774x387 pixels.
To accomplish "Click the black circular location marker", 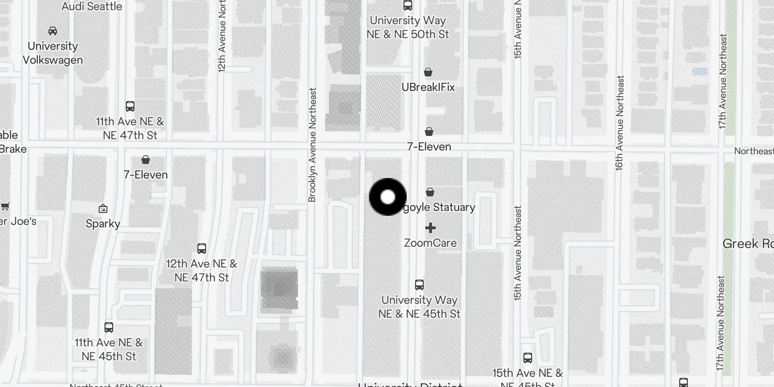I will pyautogui.click(x=387, y=197).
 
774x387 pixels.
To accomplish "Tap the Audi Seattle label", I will pyautogui.click(x=92, y=7).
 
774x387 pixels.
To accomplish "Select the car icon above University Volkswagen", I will pyautogui.click(x=53, y=31).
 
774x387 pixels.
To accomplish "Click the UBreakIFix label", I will pyautogui.click(x=428, y=87).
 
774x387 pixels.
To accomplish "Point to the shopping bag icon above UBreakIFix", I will pyautogui.click(x=428, y=73).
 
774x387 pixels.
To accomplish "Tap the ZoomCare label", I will pyautogui.click(x=430, y=243).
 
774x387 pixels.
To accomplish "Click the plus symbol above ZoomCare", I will pyautogui.click(x=431, y=228).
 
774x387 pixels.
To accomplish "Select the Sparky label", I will pyautogui.click(x=103, y=223).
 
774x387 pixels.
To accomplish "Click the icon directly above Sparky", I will pyautogui.click(x=103, y=209).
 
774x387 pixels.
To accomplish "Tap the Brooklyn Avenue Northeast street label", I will pyautogui.click(x=312, y=145).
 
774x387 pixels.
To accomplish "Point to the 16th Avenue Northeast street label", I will pyautogui.click(x=620, y=123).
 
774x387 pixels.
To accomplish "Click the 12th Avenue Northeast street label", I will pyautogui.click(x=222, y=36).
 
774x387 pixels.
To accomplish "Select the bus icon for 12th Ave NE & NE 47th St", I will pyautogui.click(x=202, y=249).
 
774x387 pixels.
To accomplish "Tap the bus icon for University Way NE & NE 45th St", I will pyautogui.click(x=419, y=285).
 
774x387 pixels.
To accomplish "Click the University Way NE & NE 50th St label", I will pyautogui.click(x=408, y=27).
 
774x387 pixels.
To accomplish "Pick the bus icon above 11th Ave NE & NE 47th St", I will pyautogui.click(x=130, y=106).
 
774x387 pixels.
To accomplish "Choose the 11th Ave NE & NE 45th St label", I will pyautogui.click(x=109, y=349).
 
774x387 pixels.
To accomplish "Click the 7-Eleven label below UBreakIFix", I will pyautogui.click(x=429, y=147).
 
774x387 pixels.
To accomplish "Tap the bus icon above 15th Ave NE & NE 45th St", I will pyautogui.click(x=528, y=358).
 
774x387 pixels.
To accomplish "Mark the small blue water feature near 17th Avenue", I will pyautogui.click(x=700, y=72).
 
